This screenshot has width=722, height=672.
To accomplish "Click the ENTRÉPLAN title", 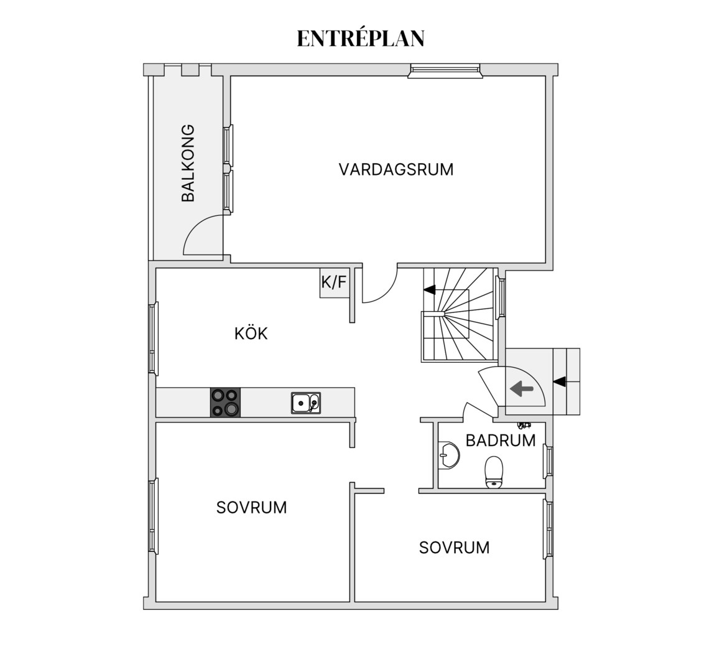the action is pos(361,38).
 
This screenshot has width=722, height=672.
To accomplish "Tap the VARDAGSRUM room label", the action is pos(396,169).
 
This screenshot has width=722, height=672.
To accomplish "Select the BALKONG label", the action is pos(188,163).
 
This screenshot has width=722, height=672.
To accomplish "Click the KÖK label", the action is pos(251,333).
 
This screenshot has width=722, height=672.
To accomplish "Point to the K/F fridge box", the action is pos(334,282).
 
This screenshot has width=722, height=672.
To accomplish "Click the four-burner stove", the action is pos(225,402).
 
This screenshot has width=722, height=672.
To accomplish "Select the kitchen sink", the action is pos(306,403).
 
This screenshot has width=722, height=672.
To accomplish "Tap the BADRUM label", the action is pos(501,441).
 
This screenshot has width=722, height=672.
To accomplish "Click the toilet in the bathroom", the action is pos(494,472).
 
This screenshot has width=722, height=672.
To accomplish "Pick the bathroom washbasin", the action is pos(450,455).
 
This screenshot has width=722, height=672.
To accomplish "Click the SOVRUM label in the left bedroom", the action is pos(251,508).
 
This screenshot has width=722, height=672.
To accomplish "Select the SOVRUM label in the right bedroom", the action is pos(454,548).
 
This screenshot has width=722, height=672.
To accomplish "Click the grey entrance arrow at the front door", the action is pos(521,389).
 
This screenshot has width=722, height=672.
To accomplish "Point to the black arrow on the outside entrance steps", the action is pos(560,381).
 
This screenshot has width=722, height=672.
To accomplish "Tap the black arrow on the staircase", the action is pos(430,290).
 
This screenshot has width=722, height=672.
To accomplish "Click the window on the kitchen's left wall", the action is pos(154,338).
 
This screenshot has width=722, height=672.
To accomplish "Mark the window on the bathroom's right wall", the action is pos(548,461).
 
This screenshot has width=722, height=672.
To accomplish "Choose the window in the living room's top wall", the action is pos(445,70).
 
